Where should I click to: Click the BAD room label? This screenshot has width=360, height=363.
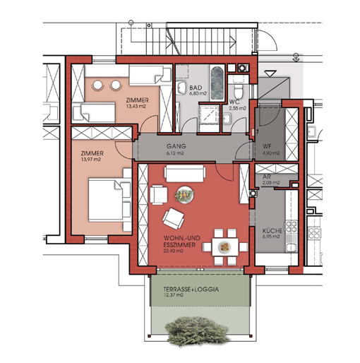196,88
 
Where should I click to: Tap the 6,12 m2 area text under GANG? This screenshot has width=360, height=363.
175,153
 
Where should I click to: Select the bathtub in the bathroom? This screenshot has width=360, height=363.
217,83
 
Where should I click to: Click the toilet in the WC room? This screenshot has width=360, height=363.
238,90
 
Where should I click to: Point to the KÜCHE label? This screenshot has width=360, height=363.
272,230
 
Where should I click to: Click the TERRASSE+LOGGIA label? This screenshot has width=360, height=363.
191,289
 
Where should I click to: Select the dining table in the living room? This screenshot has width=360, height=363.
225,247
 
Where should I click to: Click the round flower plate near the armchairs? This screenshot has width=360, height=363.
184,195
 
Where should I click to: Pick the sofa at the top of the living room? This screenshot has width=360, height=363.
185,174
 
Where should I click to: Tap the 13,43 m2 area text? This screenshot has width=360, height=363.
136,107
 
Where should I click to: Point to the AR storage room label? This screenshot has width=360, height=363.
267,177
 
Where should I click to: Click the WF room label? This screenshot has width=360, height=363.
267,146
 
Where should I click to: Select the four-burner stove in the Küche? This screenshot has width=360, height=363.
292,227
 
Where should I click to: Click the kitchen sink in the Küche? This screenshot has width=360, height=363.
292,247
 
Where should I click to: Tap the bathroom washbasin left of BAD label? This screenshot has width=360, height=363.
181,88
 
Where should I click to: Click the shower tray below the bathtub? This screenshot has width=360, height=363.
210,114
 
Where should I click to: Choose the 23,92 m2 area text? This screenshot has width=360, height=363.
173,251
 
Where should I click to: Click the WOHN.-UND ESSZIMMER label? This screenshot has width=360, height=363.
181,242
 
